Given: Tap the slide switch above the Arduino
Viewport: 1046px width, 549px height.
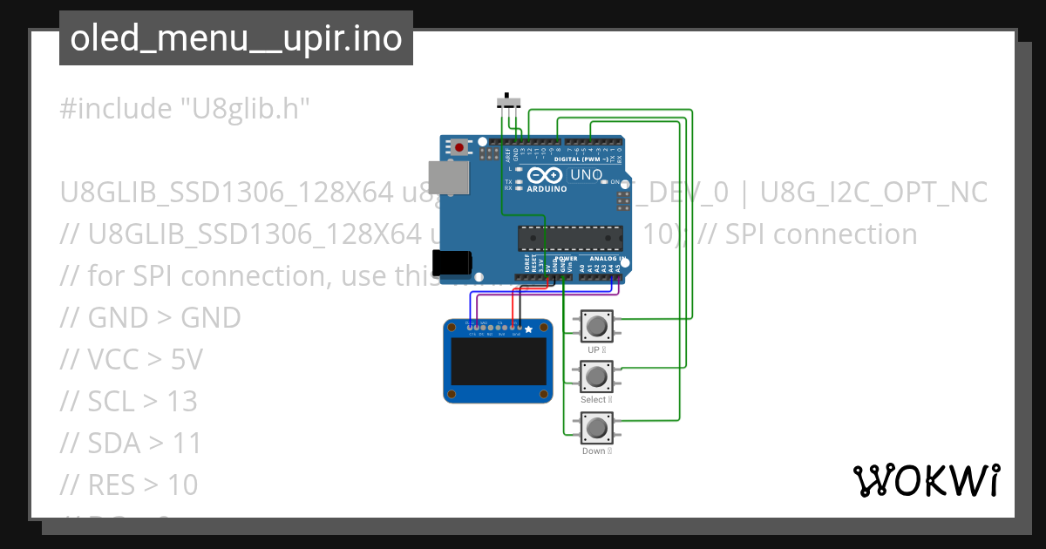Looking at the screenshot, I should coord(509,102).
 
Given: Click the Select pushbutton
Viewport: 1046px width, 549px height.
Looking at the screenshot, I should coord(596,376).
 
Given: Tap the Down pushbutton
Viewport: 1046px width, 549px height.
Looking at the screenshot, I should coord(596,428).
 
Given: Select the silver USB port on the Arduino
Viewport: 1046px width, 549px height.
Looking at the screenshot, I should coord(447,177).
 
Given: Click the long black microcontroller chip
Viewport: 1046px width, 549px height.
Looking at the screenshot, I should coord(571,238).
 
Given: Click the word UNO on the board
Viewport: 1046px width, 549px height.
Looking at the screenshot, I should coord(586,175).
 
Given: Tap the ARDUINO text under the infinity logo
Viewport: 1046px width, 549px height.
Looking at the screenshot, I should coord(547,188).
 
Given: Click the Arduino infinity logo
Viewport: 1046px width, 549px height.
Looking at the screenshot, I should coord(547,175).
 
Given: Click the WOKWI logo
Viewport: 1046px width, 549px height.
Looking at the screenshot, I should coord(926,480).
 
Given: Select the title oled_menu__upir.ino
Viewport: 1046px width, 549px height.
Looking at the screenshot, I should coord(236,39).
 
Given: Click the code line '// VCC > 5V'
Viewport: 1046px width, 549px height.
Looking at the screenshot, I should coord(131,359).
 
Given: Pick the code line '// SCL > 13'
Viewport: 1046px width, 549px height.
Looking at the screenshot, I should coord(129,401).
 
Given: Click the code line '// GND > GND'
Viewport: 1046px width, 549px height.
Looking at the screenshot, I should coord(151,317).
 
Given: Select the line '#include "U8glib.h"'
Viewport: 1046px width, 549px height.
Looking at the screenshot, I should coord(185,109).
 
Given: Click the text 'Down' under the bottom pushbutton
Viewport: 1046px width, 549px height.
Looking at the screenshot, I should coord(593,451).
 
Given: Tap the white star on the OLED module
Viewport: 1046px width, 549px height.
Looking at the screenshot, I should coord(528,329).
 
